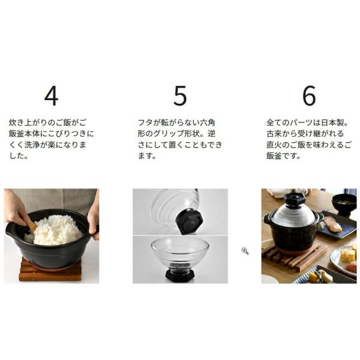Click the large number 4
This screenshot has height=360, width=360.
click(51, 96)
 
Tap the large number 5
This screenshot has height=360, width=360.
click(180, 96)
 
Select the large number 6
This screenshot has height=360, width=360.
click(309, 96)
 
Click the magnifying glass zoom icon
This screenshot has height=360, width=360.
click(245, 251)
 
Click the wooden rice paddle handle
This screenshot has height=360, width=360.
click(32, 226)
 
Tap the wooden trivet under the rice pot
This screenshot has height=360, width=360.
click(50, 272)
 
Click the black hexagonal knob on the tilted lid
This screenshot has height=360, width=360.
click(189, 221)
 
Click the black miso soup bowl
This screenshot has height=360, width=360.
click(343, 205)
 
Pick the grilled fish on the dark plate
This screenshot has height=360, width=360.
click(334, 224)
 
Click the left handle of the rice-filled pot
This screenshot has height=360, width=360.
click(11, 230)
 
